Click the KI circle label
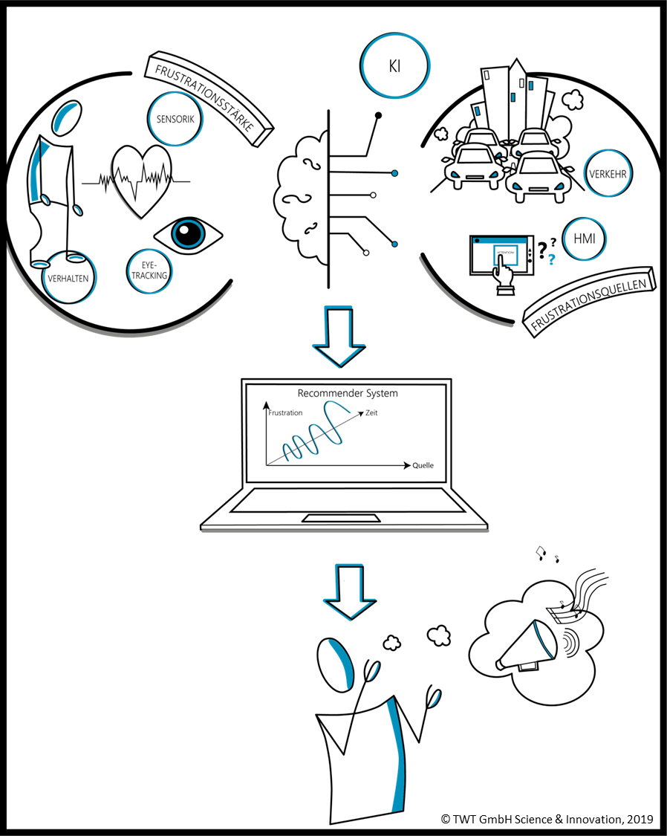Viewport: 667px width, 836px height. [394, 65]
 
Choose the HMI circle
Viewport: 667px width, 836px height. [584, 239]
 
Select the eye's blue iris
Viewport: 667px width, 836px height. [189, 235]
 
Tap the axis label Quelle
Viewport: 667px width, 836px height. [423, 466]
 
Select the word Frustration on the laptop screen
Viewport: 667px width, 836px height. [286, 413]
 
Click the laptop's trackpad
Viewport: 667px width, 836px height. [343, 517]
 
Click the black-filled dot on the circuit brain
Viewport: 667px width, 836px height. [379, 115]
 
